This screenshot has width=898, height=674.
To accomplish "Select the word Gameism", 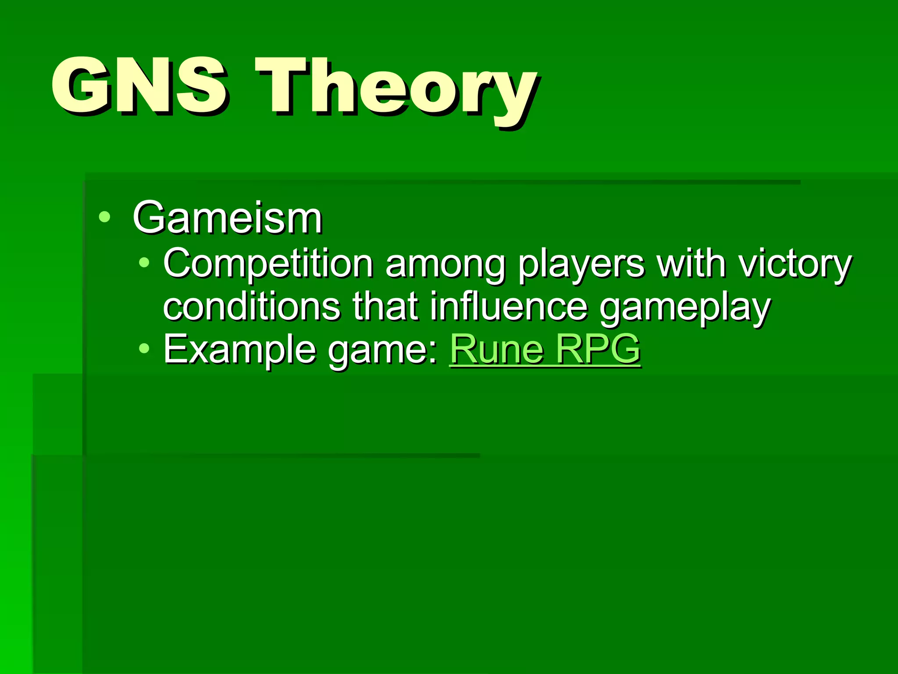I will [228, 218].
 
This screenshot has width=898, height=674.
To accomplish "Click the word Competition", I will [268, 264].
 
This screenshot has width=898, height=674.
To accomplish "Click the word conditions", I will [251, 307].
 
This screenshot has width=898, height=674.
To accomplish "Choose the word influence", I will [508, 306].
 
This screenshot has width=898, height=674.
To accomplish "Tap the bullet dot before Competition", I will [144, 263].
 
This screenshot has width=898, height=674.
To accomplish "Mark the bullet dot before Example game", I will [144, 349].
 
